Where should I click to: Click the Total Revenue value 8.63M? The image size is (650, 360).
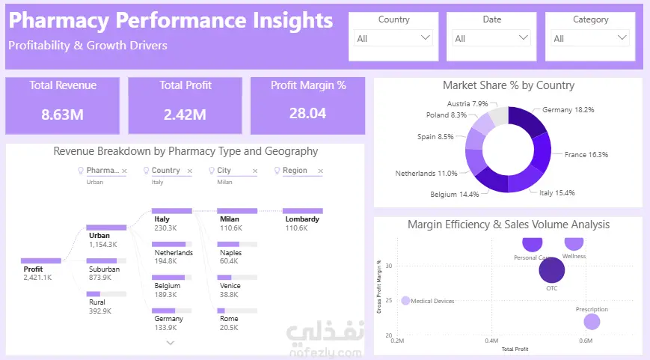pos(63,114)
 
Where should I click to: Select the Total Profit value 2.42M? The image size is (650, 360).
pos(186,114)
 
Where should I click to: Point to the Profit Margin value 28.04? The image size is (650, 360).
pos(308,113)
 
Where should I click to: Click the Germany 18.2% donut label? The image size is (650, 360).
pos(568,109)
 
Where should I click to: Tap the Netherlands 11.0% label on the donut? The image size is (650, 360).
pos(426,173)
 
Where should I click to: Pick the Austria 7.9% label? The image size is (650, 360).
pos(467,104)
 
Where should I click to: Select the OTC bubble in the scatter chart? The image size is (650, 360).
pos(552,269)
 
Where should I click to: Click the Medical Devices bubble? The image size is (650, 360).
pos(405,301)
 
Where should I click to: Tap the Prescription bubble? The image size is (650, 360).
pos(592,322)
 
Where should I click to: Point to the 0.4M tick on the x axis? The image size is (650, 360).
pos(491,341)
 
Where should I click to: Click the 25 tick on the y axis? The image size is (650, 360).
pos(389,301)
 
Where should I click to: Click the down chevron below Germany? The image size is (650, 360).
pos(171,343)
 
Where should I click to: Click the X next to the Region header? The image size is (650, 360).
pos(319,171)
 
